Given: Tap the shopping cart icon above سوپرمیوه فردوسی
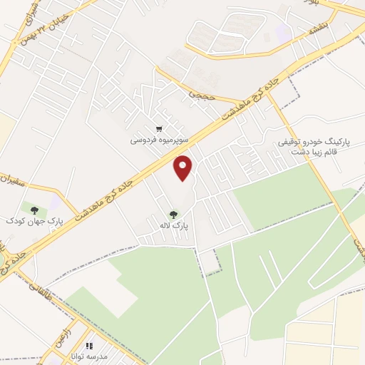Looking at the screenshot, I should [x=158, y=129].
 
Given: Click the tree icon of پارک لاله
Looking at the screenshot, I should [x=173, y=213].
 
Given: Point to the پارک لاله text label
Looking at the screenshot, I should [x=174, y=225].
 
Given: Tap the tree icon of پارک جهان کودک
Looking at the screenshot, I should [x=34, y=210].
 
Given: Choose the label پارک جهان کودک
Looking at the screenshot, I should [x=34, y=222].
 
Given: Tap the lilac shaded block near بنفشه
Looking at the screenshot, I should [x=284, y=32].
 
